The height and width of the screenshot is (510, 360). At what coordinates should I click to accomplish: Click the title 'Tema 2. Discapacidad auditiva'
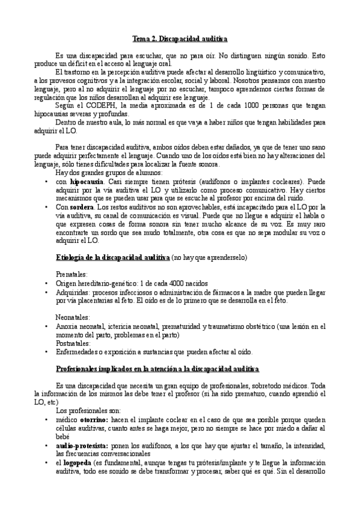coord(180,39)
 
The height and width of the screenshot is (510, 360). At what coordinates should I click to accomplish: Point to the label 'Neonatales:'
coord(73,316)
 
